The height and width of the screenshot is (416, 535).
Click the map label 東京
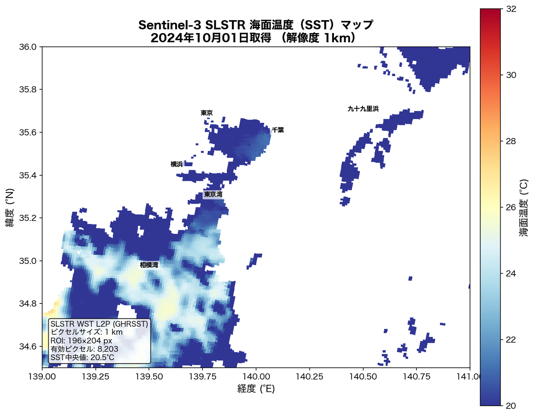[x=206, y=113]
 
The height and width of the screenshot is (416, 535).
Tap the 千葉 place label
[x=278, y=130]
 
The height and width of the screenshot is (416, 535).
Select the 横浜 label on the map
[x=177, y=164]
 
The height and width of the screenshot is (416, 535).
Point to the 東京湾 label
[x=213, y=195]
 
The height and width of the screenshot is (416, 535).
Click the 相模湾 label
[x=149, y=265]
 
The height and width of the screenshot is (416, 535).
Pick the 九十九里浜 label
[x=363, y=109]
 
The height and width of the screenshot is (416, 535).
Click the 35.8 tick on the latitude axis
[x=29, y=90]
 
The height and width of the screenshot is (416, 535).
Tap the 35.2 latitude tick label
[x=29, y=218]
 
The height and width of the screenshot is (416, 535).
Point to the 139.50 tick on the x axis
[x=149, y=376]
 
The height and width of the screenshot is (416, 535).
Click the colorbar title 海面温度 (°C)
[x=524, y=208]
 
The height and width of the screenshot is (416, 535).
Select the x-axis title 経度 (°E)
[x=256, y=389]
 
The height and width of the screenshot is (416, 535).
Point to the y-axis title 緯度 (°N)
[x=10, y=207]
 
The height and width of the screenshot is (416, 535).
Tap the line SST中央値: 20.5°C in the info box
[x=82, y=358]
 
